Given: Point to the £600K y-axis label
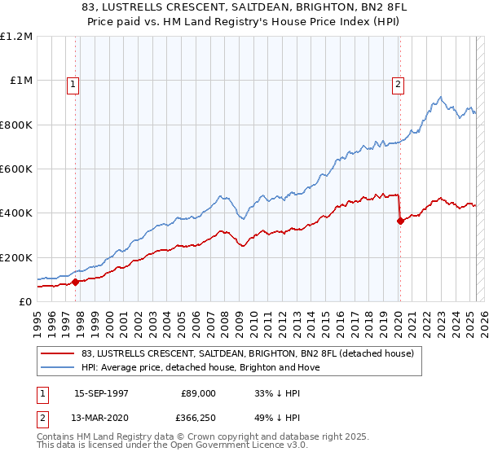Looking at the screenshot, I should [16, 169].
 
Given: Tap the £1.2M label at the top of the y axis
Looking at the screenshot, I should [16, 37].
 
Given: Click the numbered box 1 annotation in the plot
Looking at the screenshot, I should [73, 83].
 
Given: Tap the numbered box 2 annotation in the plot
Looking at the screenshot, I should [399, 83].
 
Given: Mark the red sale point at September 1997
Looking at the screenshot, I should [75, 282].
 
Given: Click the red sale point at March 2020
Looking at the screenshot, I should [400, 221].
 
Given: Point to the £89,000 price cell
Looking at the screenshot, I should [199, 393].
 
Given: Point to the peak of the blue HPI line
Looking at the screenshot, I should [439, 97].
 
